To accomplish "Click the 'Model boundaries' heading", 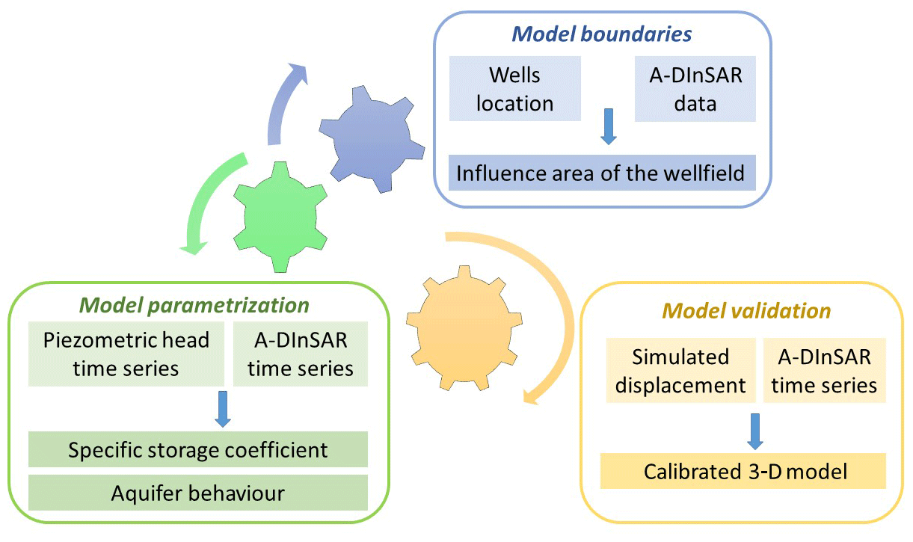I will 600,34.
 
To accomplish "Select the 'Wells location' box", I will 515,89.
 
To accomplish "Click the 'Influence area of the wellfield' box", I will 601,173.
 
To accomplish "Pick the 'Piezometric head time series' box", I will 126,354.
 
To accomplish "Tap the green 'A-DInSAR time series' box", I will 300,354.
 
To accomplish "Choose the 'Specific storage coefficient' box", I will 198,450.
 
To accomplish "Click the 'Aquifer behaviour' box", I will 198,493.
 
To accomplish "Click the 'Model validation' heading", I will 746,310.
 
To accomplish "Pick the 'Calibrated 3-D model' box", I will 743,471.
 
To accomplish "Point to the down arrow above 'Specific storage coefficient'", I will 222,408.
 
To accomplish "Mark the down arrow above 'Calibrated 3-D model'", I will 755,428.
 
